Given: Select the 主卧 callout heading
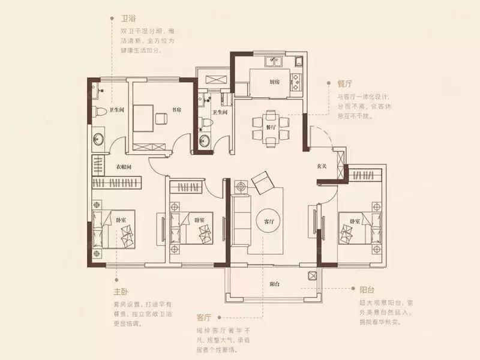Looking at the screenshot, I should tap(121, 292).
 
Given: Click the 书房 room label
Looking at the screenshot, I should tap(176, 110).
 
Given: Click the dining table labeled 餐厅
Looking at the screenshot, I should tap(271, 127).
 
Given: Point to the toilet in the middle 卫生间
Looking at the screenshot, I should tap(205, 122).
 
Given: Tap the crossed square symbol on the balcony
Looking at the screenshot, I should tap(312, 275).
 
